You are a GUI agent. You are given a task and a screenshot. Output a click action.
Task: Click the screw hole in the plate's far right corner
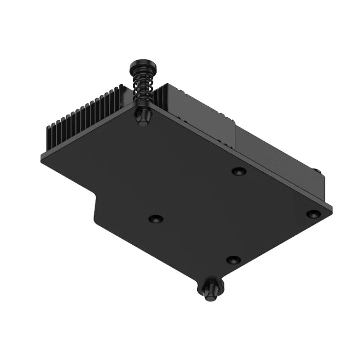(x=312, y=214)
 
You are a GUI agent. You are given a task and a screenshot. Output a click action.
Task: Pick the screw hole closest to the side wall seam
(x=238, y=171)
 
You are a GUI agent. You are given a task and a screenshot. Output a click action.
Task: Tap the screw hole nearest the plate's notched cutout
(x=156, y=219)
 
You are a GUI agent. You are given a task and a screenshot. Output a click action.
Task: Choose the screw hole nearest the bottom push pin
(x=233, y=260)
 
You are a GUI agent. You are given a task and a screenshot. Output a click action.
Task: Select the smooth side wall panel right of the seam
(x=279, y=157)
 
